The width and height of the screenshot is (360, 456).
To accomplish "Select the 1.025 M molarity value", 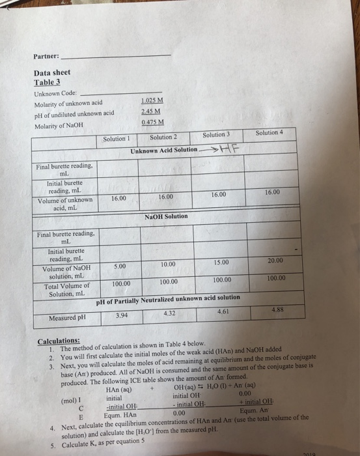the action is (152, 100).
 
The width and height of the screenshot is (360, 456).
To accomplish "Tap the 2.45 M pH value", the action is (150, 110).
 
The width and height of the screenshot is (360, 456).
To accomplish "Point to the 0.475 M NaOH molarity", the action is (152, 121).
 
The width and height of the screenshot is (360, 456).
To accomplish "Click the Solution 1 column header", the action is (118, 137).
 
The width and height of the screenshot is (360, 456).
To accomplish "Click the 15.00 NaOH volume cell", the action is (221, 262).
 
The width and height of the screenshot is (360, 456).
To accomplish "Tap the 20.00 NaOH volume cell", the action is (275, 259).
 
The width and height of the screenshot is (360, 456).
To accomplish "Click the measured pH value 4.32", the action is (171, 314).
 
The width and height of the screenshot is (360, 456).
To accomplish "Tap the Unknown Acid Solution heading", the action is (163, 150).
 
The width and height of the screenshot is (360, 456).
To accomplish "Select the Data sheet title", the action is (52, 73).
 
